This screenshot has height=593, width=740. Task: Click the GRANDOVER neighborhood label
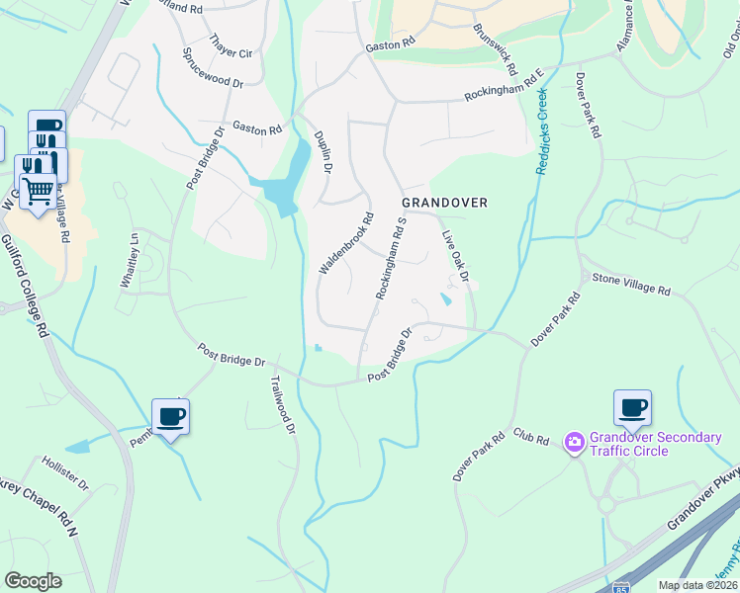pos(444,203)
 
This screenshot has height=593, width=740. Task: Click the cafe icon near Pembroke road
pos(171,416)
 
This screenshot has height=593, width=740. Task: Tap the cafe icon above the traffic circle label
pos(632,407)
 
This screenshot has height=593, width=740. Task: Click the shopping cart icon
pos(38,189)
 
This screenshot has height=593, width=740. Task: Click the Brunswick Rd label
pos(496,49)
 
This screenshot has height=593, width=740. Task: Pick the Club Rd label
pos(530,436)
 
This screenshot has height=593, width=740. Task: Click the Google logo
pos(33,581)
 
